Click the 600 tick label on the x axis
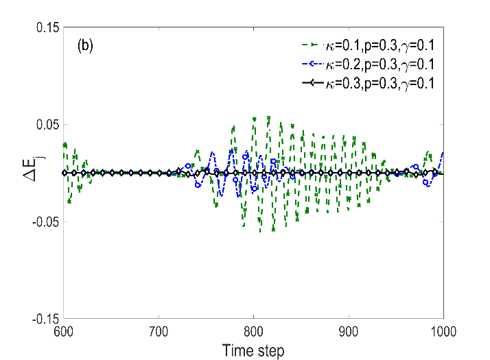click(x=64, y=331)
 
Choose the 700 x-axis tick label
click(x=159, y=331)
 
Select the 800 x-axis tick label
click(x=253, y=331)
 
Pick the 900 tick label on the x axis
click(x=349, y=331)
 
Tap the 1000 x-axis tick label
click(x=443, y=331)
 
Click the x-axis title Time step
click(x=253, y=350)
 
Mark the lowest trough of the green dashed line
click(x=260, y=232)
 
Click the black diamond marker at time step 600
click(x=65, y=173)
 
